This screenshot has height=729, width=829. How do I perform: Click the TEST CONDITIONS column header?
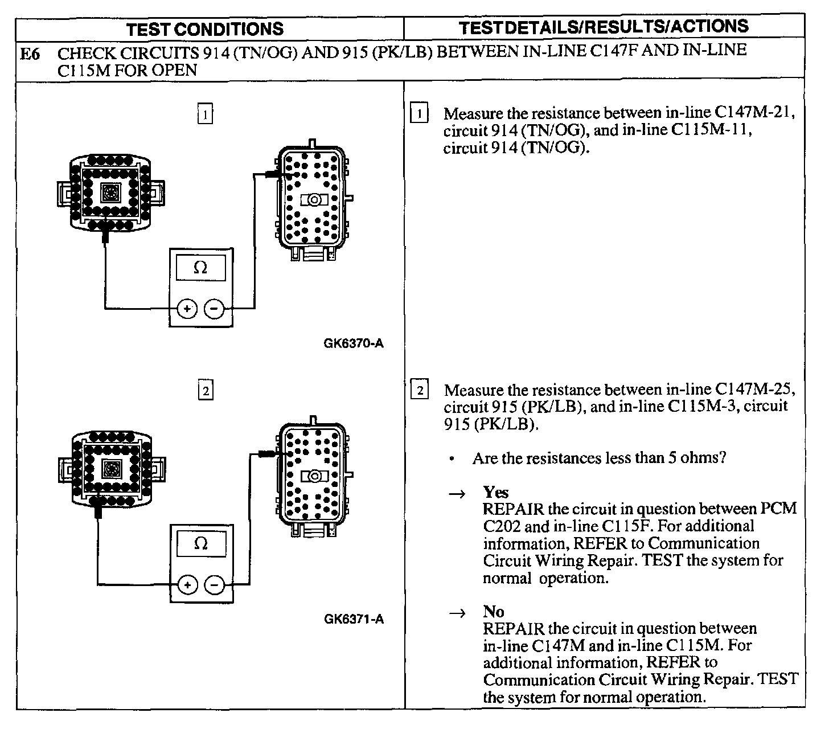point(204,29)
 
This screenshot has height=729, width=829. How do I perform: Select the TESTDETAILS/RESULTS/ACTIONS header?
point(604,27)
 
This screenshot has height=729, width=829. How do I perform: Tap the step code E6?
point(30,54)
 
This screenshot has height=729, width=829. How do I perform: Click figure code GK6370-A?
point(353,343)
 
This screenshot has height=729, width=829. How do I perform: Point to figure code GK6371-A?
point(354,619)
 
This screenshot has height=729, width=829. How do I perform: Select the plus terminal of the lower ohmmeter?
point(187,585)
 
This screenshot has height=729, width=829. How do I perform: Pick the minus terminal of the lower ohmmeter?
point(214,585)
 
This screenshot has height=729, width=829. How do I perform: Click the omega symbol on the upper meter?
point(200,268)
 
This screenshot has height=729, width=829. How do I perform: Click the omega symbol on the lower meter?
point(200,543)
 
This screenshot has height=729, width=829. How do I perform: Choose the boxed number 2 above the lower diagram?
point(205,391)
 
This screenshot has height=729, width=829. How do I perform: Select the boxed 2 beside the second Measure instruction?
point(420,391)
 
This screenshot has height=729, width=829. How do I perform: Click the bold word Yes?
point(495,492)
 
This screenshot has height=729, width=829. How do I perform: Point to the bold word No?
point(494,612)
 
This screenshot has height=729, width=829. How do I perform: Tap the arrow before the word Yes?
point(457,494)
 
